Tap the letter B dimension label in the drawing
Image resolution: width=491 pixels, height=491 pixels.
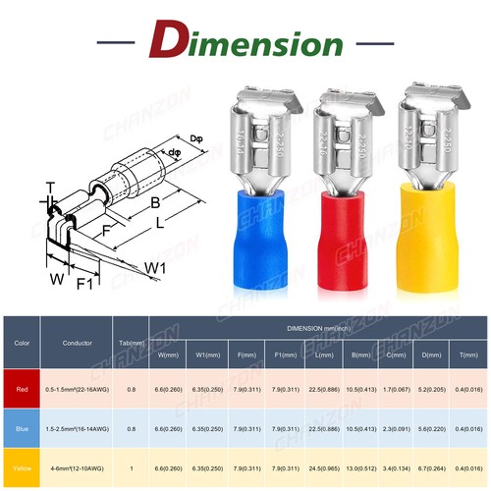pyautogui.click(x=154, y=203)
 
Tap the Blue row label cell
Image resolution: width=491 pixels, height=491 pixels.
pyautogui.click(x=22, y=429)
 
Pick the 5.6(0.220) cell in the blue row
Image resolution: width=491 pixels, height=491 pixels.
pyautogui.click(x=429, y=429)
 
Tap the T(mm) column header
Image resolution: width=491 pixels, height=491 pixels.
pyautogui.click(x=467, y=355)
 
